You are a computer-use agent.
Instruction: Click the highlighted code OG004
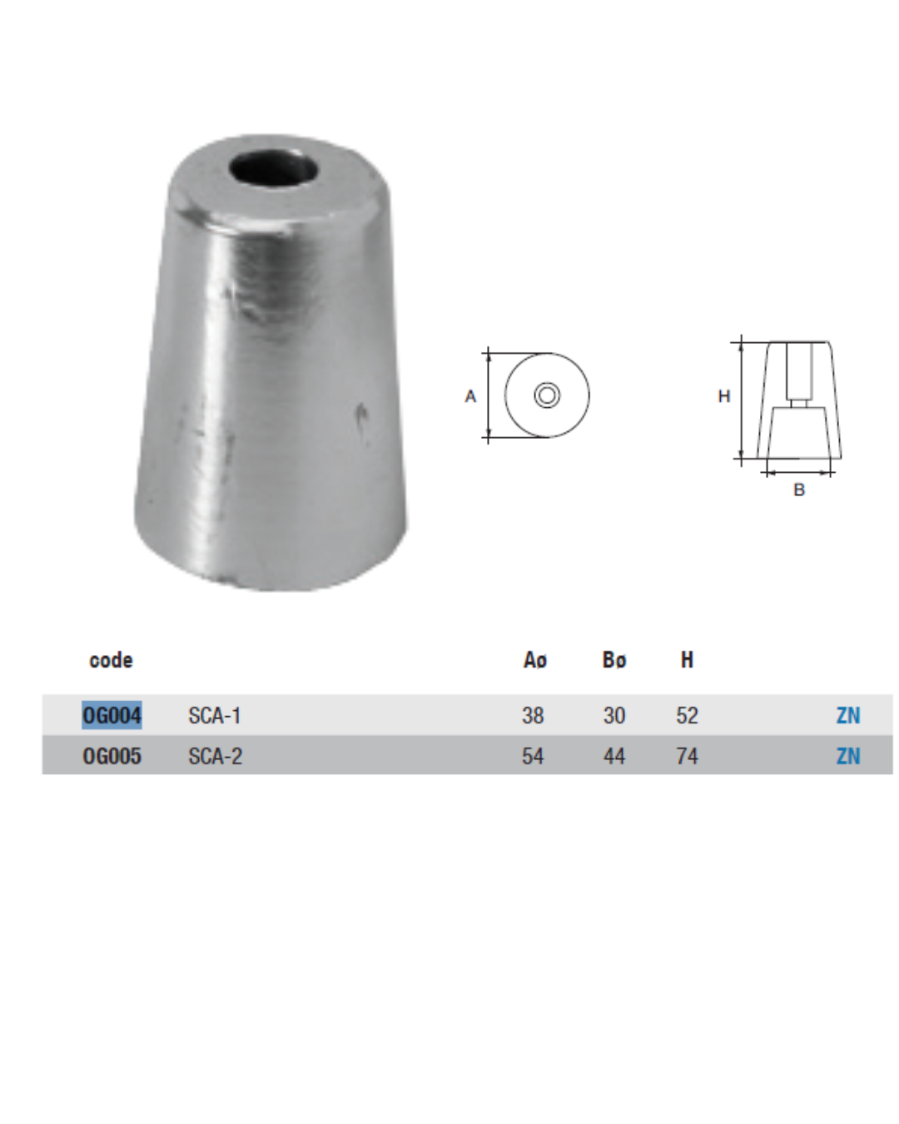point(112,715)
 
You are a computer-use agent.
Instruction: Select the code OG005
point(112,756)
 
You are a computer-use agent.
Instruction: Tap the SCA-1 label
point(215,715)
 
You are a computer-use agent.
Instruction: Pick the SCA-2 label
point(216,756)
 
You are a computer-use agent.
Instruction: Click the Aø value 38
point(533,715)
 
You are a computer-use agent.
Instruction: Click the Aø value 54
point(533,756)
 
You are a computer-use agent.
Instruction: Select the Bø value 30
point(613,715)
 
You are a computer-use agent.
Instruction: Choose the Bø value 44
point(613,756)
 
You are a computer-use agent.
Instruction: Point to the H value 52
point(687,715)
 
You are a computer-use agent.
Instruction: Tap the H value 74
point(687,756)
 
